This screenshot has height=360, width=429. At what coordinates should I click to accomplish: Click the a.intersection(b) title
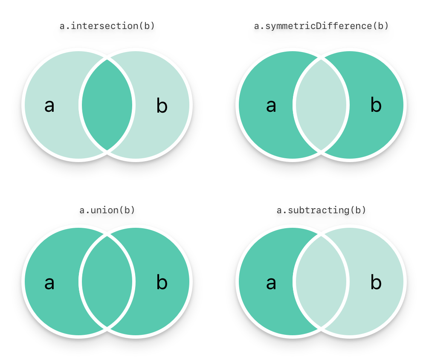(x=107, y=26)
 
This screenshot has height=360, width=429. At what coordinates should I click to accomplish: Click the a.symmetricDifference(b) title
(x=321, y=26)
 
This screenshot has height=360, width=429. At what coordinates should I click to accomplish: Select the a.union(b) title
(x=107, y=210)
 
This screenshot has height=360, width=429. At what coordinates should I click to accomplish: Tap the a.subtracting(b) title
(x=321, y=210)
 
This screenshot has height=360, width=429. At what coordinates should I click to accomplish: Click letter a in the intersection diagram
(x=49, y=106)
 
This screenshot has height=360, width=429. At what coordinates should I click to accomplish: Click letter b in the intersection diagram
(x=162, y=105)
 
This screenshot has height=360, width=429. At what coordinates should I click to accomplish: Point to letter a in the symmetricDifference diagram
(x=271, y=106)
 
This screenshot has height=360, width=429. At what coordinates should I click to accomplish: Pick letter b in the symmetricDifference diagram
(x=376, y=105)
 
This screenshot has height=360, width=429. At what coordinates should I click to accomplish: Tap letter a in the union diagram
(x=49, y=283)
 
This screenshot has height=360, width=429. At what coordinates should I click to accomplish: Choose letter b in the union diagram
(x=162, y=282)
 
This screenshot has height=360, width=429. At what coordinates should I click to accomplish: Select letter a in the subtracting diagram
(x=271, y=283)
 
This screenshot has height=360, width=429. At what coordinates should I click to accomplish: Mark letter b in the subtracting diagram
(x=376, y=282)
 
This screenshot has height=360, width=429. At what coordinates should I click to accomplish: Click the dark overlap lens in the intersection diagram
(x=107, y=105)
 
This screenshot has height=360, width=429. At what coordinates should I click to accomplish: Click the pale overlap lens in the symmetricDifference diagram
(x=321, y=105)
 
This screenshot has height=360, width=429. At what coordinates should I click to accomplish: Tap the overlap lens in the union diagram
(x=107, y=282)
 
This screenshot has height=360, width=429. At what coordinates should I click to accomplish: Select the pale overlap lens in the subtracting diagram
(x=321, y=282)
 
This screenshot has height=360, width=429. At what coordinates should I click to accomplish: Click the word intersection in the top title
(x=104, y=26)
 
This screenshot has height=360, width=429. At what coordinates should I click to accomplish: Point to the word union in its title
(x=104, y=210)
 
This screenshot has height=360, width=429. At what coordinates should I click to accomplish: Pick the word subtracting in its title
(x=319, y=210)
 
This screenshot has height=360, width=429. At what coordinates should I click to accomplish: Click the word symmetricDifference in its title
(x=319, y=26)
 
